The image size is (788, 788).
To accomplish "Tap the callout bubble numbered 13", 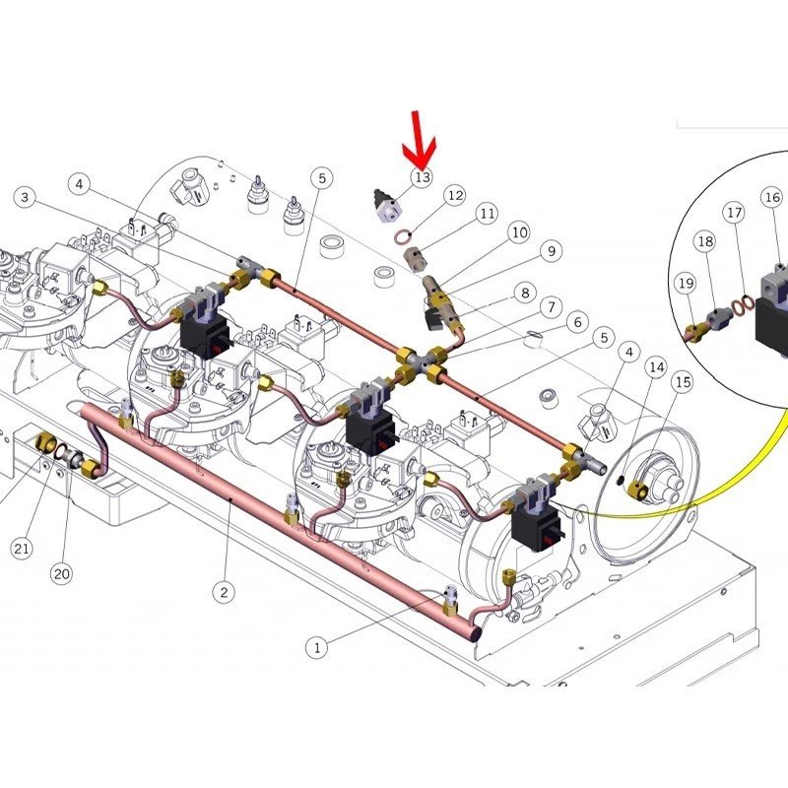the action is click(423, 177).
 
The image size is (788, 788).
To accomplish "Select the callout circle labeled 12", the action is click(455, 195).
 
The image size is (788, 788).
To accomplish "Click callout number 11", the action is click(487, 214).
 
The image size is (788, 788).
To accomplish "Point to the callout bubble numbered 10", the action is click(519, 232).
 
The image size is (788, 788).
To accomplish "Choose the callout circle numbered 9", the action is click(552, 251).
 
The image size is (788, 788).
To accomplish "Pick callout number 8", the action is click(525, 293).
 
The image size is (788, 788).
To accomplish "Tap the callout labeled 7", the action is click(552, 306).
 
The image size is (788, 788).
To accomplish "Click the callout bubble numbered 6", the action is click(577, 322).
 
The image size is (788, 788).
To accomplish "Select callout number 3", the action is click(26, 197).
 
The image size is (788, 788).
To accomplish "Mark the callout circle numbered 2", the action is click(224, 592).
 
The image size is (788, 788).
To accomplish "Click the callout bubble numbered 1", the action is click(316, 648).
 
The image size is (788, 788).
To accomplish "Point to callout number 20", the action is click(62, 573).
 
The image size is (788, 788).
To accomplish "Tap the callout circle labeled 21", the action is click(21, 549).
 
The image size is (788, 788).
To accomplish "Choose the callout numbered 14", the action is click(656, 367).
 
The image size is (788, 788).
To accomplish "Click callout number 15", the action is click(683, 382).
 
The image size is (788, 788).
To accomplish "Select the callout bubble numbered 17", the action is click(734, 213).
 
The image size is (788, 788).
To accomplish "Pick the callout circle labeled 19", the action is click(686, 284).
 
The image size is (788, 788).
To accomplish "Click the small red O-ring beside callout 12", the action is click(401, 234).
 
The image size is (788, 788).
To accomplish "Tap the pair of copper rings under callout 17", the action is click(742, 304).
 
